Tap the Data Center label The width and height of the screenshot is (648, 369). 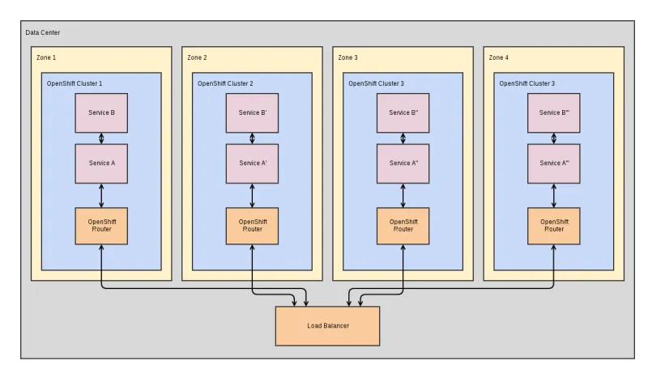point(42,32)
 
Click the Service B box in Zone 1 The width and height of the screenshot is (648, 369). point(101,113)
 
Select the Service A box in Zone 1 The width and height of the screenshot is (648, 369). point(101,163)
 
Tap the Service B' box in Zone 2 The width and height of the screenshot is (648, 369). point(252,113)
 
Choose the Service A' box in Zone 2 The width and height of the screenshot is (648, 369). point(252,163)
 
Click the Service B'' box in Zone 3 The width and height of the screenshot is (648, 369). point(403,113)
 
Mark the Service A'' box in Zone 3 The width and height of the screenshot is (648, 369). point(403,163)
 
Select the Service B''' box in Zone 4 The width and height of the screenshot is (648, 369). point(554,113)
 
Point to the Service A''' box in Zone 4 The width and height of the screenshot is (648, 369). point(554,163)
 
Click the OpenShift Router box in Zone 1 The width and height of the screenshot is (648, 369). point(101,226)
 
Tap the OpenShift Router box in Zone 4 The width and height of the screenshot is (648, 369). point(554,226)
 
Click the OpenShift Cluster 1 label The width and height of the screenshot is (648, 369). point(80,83)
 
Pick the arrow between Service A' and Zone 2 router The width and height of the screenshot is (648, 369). point(252,195)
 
